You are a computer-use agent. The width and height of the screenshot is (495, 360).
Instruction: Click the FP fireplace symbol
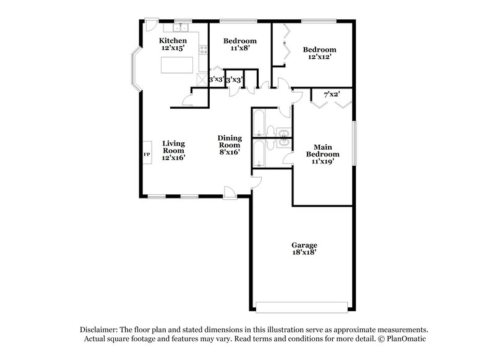(x=147, y=154)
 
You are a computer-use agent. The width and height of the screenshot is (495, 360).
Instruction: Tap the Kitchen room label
(x=173, y=44)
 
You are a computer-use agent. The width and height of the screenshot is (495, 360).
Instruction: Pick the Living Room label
(x=174, y=150)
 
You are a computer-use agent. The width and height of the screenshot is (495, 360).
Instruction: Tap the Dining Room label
(x=229, y=145)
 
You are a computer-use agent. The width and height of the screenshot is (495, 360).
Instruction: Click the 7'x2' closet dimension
(x=334, y=95)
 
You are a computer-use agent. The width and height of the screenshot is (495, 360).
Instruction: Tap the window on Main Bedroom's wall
(x=354, y=143)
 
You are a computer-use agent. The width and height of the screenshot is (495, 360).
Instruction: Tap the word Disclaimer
(x=100, y=330)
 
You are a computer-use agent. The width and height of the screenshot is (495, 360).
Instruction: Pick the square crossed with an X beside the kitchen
(x=202, y=80)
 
